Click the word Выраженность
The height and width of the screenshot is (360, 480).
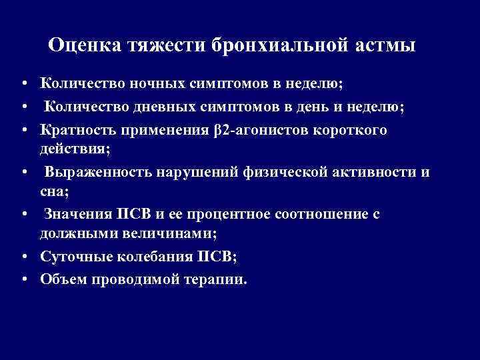click(x=98, y=173)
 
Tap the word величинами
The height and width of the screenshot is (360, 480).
click(x=173, y=234)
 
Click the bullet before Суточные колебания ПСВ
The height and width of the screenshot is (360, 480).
click(x=23, y=257)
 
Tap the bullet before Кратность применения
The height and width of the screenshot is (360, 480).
click(x=23, y=129)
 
